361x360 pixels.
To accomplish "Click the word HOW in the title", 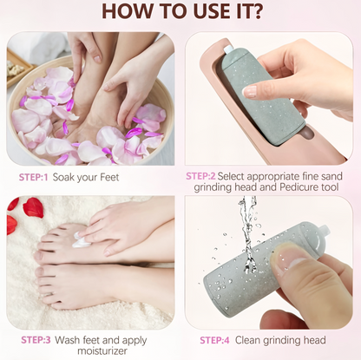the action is pyautogui.click(x=128, y=10).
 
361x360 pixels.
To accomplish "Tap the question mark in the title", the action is pyautogui.click(x=257, y=10).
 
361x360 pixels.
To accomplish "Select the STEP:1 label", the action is pyautogui.click(x=33, y=177).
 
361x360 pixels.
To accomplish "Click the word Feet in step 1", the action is pyautogui.click(x=109, y=177).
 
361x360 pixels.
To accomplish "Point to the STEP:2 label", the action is pyautogui.click(x=200, y=176).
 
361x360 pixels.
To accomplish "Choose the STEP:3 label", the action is pyautogui.click(x=36, y=340).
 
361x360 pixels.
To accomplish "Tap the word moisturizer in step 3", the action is pyautogui.click(x=102, y=351).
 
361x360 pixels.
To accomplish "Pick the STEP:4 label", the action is pyautogui.click(x=214, y=340).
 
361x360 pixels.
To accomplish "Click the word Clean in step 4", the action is pyautogui.click(x=247, y=340).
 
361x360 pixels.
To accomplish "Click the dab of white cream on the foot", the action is pyautogui.click(x=80, y=241).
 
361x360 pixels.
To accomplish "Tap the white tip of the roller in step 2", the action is pyautogui.click(x=228, y=49).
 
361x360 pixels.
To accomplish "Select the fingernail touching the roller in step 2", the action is pyautogui.click(x=249, y=91).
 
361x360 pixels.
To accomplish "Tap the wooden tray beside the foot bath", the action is pyautogui.click(x=20, y=69).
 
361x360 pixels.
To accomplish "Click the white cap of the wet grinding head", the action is pyautogui.click(x=323, y=233).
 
